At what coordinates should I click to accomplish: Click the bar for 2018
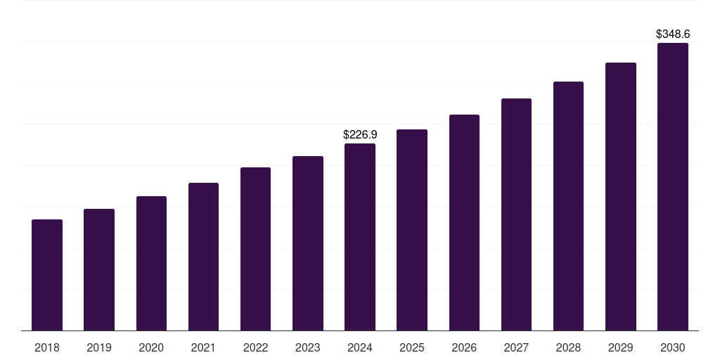pyautogui.click(x=47, y=275)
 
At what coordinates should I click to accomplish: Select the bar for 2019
pyautogui.click(x=99, y=270)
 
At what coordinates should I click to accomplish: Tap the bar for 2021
pyautogui.click(x=203, y=257)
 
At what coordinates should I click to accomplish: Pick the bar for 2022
pyautogui.click(x=255, y=249)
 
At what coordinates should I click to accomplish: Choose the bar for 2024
pyautogui.click(x=360, y=237)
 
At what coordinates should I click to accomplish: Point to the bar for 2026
pyautogui.click(x=464, y=223)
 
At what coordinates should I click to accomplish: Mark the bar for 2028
pyautogui.click(x=568, y=206)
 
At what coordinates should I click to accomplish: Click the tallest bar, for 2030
pyautogui.click(x=673, y=187)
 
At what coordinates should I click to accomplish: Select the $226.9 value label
pyautogui.click(x=360, y=134)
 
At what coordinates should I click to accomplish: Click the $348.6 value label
pyautogui.click(x=673, y=34)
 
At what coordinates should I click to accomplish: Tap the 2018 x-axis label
pyautogui.click(x=47, y=347)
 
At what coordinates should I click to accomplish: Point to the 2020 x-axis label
pyautogui.click(x=151, y=347)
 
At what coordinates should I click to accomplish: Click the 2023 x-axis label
pyautogui.click(x=308, y=347)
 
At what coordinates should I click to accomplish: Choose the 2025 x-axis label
pyautogui.click(x=412, y=347)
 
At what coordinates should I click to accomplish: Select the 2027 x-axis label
pyautogui.click(x=516, y=347)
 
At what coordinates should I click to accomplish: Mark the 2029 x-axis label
pyautogui.click(x=621, y=347)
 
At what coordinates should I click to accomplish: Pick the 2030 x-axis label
pyautogui.click(x=673, y=347)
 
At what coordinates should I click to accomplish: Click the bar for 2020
pyautogui.click(x=151, y=264)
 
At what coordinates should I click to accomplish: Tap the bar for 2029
pyautogui.click(x=621, y=197)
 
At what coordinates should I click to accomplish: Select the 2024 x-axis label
pyautogui.click(x=360, y=347)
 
